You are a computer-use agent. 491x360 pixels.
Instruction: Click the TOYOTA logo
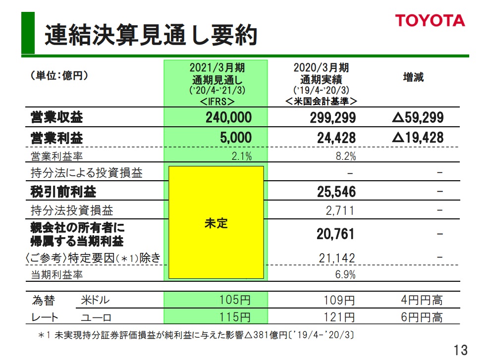(x=430, y=20)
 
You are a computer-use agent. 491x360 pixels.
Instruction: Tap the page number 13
(x=460, y=350)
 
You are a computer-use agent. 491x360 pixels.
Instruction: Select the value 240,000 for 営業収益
(x=228, y=117)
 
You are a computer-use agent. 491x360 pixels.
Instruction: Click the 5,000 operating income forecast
(x=236, y=138)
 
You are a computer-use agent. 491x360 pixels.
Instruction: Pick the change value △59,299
(x=417, y=117)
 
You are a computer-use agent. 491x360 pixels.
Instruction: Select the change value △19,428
(x=417, y=138)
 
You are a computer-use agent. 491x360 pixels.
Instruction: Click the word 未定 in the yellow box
(x=216, y=223)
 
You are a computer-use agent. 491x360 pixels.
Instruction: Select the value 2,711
(x=340, y=210)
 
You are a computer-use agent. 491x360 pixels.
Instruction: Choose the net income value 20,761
(x=336, y=233)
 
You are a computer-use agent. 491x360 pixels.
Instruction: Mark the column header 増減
(x=413, y=78)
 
